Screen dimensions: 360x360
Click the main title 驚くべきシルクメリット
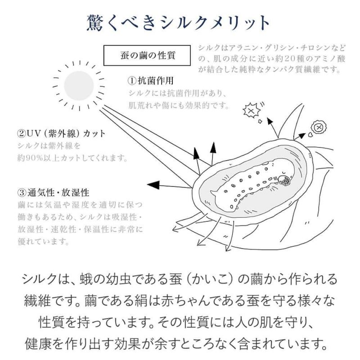[x=178, y=23]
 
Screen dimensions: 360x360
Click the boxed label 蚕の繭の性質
[x=147, y=55]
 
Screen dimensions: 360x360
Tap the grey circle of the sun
[x=79, y=85]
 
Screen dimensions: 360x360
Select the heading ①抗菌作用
[x=151, y=81]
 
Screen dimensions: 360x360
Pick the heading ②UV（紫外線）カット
[x=61, y=133]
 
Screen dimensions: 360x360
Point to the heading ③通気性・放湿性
[x=53, y=193]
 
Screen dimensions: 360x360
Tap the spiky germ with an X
[x=252, y=111]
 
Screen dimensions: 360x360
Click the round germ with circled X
[x=319, y=127]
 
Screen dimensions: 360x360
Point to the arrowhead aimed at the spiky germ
[x=270, y=121]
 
